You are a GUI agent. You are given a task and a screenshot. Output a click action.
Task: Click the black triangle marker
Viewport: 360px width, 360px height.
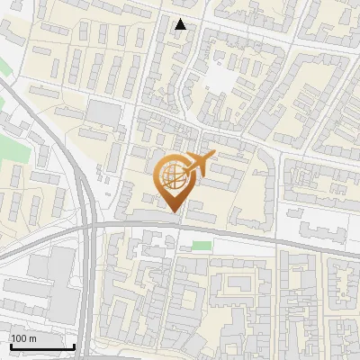pos(181,24)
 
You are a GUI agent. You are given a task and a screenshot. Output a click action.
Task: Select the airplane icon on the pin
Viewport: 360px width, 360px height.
pos(201,163)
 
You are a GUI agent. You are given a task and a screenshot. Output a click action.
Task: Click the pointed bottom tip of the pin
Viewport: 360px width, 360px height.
pos(175,211)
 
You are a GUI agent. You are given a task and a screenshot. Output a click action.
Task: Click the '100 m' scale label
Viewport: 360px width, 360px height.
pos(23,338)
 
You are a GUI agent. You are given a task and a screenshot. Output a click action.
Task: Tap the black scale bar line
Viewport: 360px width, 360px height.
pos(41,346)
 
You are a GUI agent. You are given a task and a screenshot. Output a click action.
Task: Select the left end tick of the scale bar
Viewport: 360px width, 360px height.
pos(10,345)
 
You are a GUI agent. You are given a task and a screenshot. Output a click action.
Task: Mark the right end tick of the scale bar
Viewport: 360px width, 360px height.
pos(74,345)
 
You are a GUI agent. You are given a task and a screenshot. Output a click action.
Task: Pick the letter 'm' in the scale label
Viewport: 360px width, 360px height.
pos(32,338)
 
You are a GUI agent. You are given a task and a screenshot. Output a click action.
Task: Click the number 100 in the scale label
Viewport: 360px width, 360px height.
pos(19,338)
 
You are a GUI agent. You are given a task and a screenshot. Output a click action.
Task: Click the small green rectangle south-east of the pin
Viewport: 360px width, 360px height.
pos(202,245)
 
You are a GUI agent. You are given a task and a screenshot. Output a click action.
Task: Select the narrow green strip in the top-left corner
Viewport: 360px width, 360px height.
pos(4,67)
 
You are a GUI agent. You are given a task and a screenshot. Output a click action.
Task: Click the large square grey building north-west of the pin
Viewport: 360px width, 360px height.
pos(104,113)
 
